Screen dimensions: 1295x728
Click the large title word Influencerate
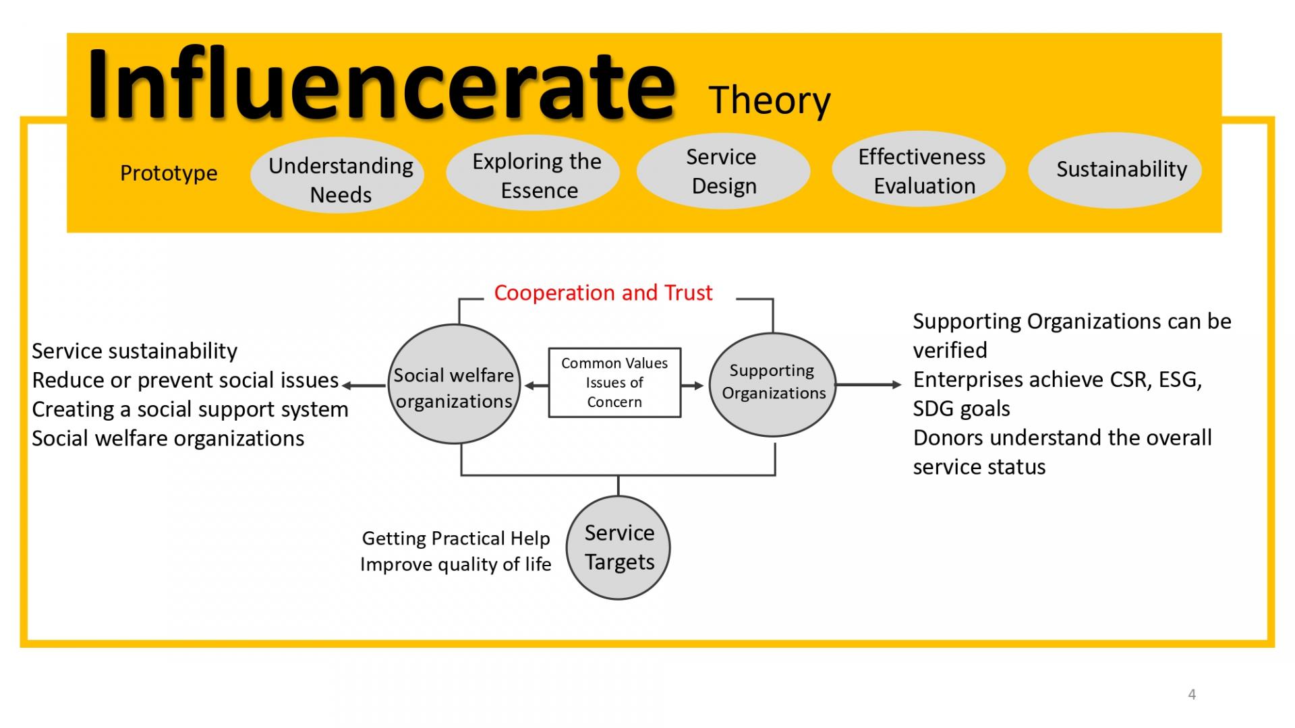point(382,84)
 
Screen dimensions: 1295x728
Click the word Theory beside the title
point(770,101)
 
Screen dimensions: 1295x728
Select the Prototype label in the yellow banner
point(169,173)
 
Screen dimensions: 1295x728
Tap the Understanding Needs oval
point(337,175)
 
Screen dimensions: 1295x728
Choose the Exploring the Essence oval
point(533,173)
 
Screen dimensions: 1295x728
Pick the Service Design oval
point(723,171)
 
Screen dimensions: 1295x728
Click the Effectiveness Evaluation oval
point(919,169)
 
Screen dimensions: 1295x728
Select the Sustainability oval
point(1115,170)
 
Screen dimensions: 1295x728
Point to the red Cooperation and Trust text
point(603,293)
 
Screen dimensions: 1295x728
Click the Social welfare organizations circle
point(455,384)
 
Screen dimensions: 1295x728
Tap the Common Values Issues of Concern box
point(614,383)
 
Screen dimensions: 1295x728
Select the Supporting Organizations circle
point(773,384)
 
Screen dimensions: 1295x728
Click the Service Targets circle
point(618,547)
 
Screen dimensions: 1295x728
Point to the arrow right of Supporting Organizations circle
point(869,385)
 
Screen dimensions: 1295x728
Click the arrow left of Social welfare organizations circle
point(365,386)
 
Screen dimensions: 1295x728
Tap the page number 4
point(1192,694)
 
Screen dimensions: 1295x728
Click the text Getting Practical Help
point(456,539)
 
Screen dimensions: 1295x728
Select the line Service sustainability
point(135,351)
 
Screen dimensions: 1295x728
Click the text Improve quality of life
point(456,564)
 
